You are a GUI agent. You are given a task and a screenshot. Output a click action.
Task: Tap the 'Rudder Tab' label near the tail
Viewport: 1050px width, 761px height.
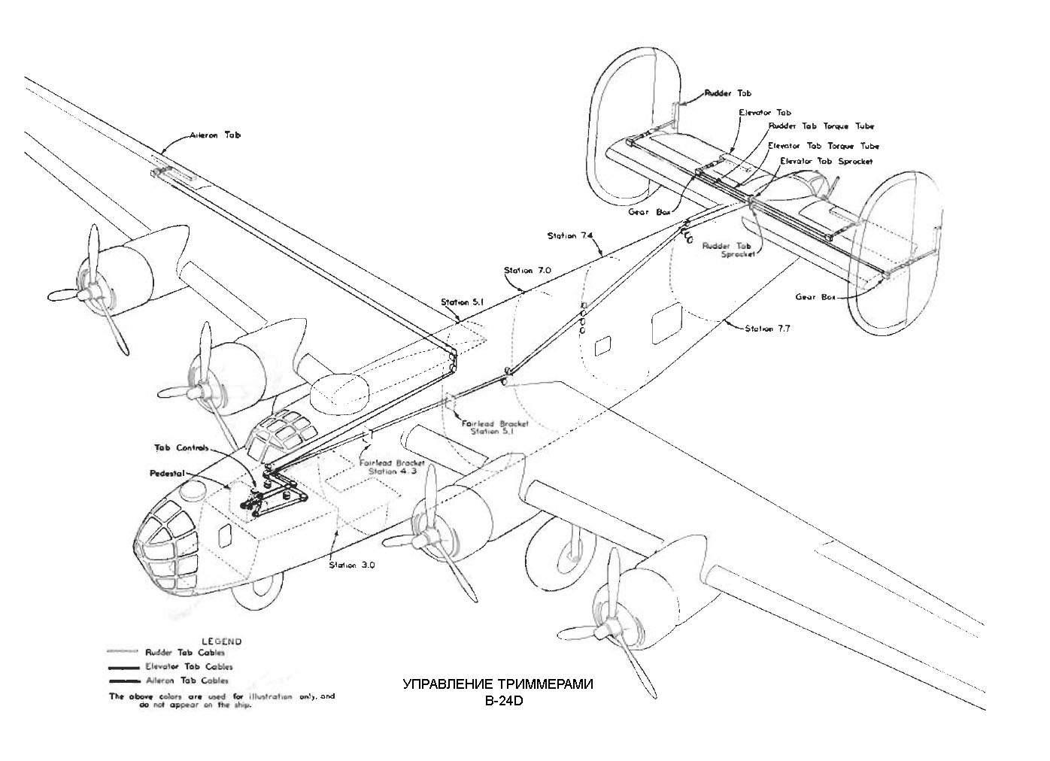click(x=727, y=94)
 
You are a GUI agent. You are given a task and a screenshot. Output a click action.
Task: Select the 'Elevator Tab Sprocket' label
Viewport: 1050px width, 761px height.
click(x=826, y=161)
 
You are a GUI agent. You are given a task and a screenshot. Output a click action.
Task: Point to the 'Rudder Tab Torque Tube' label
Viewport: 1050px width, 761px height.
click(x=821, y=126)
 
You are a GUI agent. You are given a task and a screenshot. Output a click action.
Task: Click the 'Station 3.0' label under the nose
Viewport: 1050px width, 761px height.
click(x=353, y=565)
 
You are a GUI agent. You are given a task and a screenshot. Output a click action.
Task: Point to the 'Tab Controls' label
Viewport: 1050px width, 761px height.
click(x=181, y=448)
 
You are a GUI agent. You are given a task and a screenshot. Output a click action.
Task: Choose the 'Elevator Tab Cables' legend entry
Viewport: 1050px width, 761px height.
click(x=189, y=666)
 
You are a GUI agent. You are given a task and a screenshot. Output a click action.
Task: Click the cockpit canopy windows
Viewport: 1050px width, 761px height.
click(x=282, y=432)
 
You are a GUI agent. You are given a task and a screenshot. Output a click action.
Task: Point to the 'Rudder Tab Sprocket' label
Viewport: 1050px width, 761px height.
click(x=727, y=250)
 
